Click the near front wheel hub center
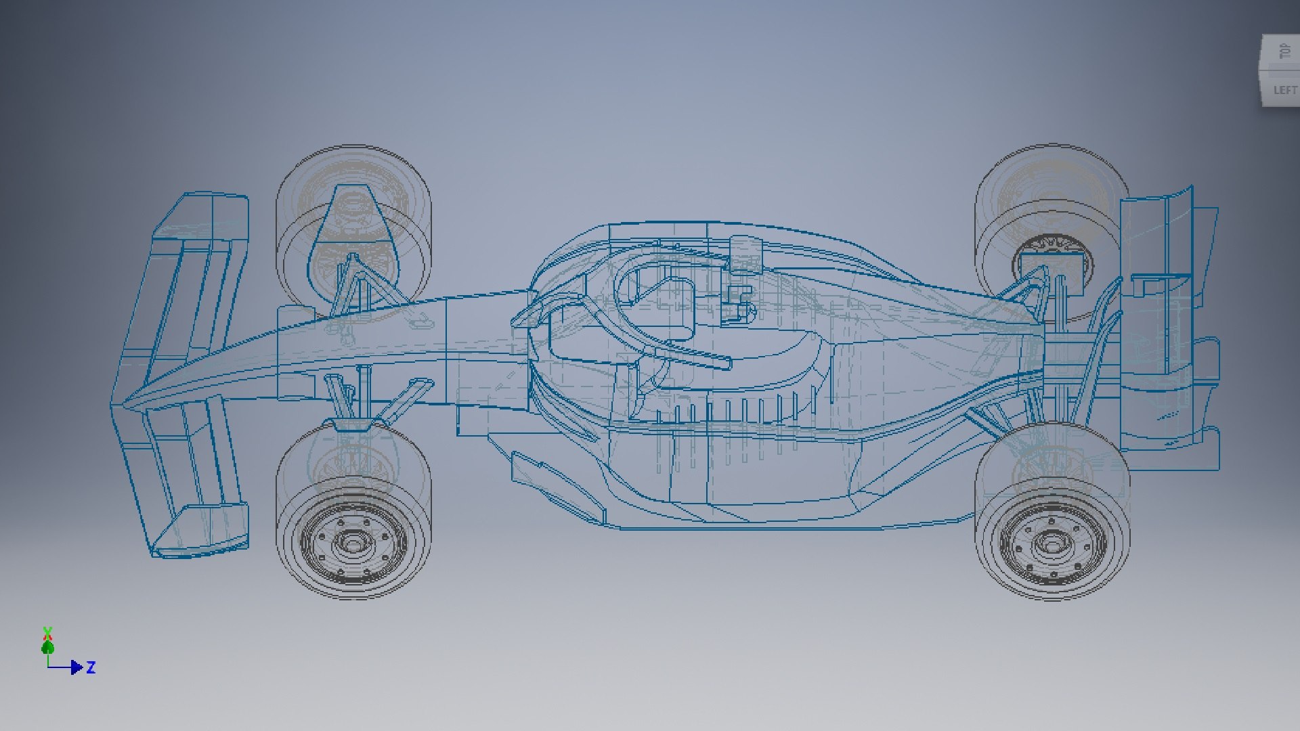click(x=353, y=543)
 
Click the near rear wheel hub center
click(x=1051, y=544)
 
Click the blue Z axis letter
click(x=91, y=667)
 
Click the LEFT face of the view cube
click(x=1284, y=90)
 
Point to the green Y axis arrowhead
click(x=47, y=646)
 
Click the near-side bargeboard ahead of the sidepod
click(x=555, y=484)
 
